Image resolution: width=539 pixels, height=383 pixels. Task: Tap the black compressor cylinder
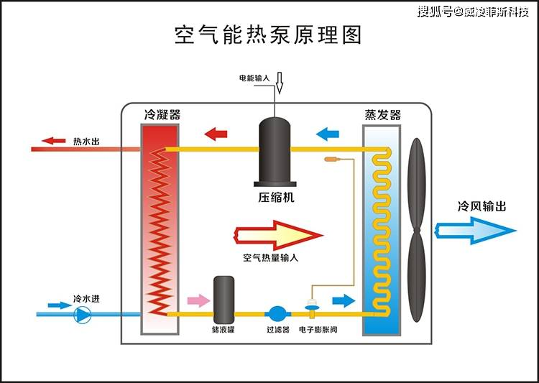[275, 150]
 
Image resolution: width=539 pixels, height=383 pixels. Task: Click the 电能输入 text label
[254, 77]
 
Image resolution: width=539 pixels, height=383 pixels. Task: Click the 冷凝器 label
[162, 115]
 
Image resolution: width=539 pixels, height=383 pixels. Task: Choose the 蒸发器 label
[383, 115]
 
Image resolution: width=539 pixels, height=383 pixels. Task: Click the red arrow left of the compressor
[216, 133]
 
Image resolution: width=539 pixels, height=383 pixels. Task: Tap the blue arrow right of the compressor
[328, 133]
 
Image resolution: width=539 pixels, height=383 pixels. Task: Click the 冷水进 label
[85, 298]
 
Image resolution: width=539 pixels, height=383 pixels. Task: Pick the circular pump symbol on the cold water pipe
[83, 313]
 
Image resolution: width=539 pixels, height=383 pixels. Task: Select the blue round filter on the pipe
[277, 314]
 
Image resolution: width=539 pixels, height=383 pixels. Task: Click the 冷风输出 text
[482, 206]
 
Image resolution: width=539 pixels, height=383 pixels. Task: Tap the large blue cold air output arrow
[475, 230]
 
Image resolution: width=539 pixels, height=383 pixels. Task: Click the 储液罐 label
[224, 330]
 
